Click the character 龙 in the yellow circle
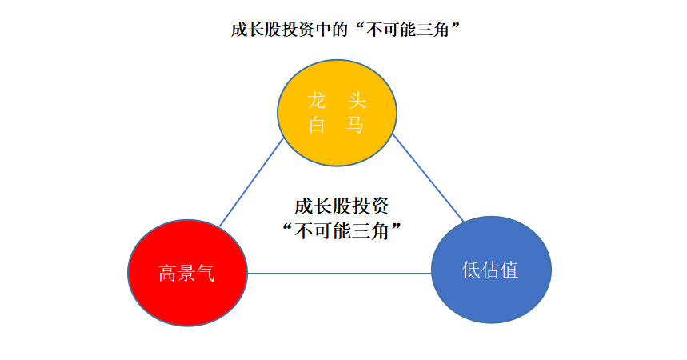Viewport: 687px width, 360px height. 318,101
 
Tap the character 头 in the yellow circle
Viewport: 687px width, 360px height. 356,101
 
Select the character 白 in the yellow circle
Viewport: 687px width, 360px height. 318,125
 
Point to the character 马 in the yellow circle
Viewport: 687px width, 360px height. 356,125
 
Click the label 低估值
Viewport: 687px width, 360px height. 491,270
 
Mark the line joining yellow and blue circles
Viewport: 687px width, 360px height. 428,178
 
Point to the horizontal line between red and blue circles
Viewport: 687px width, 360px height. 340,274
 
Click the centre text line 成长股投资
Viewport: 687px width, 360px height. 342,206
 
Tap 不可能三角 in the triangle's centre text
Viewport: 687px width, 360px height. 342,230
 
